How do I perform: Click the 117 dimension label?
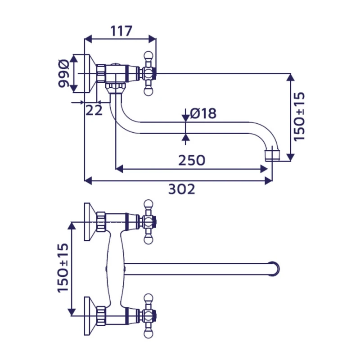[x=121, y=31]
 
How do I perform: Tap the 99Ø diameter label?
[x=63, y=73]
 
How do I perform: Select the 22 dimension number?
[x=94, y=110]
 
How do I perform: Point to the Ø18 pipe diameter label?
[x=203, y=113]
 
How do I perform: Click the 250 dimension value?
[x=192, y=160]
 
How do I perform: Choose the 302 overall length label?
[x=182, y=189]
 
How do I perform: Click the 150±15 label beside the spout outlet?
[x=299, y=117]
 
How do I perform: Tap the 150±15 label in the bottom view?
[x=63, y=268]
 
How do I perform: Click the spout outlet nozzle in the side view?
[x=272, y=155]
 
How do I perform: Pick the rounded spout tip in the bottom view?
[x=274, y=269]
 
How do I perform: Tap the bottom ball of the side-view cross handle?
[x=148, y=92]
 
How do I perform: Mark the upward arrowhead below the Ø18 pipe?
[x=185, y=137]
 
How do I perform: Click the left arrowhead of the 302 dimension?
[x=88, y=181]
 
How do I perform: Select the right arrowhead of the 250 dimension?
[x=264, y=169]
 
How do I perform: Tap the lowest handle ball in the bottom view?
[x=148, y=334]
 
